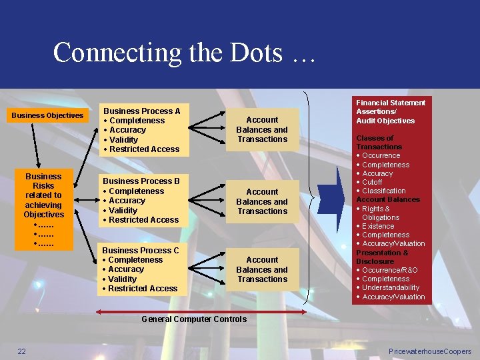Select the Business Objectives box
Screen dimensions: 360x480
(x=48, y=115)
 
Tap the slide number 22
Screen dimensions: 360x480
(x=22, y=351)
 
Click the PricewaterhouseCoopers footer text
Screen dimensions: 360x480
(x=429, y=351)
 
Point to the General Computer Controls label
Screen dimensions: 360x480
(x=194, y=319)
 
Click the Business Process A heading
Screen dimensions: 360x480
(x=141, y=111)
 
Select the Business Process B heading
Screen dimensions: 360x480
(x=141, y=181)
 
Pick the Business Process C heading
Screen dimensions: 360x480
(x=141, y=251)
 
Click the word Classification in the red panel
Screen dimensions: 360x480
(x=383, y=191)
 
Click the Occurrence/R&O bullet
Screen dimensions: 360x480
(x=390, y=270)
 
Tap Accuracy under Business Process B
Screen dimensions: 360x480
(x=127, y=201)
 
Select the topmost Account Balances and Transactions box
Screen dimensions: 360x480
(x=262, y=129)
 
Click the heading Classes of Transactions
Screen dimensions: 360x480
(x=379, y=142)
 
